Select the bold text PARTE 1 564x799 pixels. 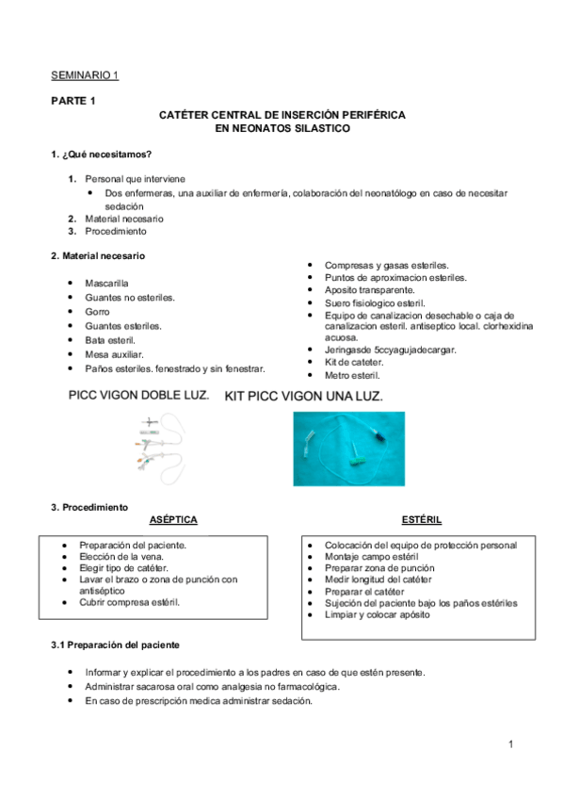click(73, 101)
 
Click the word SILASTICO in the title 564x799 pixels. click(315, 127)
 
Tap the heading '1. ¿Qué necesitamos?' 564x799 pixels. click(102, 154)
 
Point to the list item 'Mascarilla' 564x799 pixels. click(106, 283)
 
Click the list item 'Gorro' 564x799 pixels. click(97, 311)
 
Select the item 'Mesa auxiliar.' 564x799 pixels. click(114, 354)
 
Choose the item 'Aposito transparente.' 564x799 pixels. click(369, 290)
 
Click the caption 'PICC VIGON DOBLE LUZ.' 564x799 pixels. click(139, 396)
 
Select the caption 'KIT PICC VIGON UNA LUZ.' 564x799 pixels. click(303, 398)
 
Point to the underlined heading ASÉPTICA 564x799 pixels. click(173, 520)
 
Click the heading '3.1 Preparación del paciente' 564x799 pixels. click(115, 644)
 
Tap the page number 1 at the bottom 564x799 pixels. click(509, 745)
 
